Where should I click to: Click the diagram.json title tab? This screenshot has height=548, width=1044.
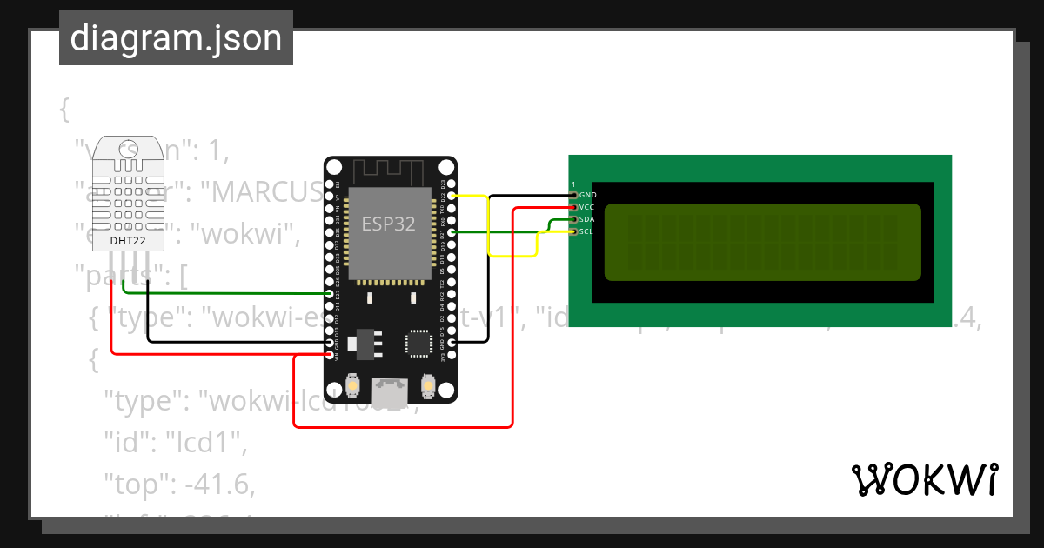pyautogui.click(x=176, y=39)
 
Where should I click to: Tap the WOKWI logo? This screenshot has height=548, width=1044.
pyautogui.click(x=924, y=479)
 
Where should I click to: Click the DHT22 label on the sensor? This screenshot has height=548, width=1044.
pyautogui.click(x=128, y=239)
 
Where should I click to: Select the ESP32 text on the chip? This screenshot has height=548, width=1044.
pyautogui.click(x=389, y=224)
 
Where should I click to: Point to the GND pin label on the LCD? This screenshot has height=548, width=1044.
pyautogui.click(x=587, y=195)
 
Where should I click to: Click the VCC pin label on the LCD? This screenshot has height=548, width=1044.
pyautogui.click(x=587, y=207)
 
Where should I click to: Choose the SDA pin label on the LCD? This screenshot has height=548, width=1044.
pyautogui.click(x=587, y=219)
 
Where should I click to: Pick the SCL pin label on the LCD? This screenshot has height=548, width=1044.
pyautogui.click(x=587, y=231)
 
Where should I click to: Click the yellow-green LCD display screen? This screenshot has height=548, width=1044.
pyautogui.click(x=762, y=243)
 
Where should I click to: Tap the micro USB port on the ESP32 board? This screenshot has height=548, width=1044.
pyautogui.click(x=390, y=392)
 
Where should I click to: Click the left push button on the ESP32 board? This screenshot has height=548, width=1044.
pyautogui.click(x=353, y=384)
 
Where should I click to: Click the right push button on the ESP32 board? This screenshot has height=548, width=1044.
pyautogui.click(x=428, y=384)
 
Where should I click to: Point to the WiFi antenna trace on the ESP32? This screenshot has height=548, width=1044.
pyautogui.click(x=390, y=171)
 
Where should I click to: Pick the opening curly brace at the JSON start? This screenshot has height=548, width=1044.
pyautogui.click(x=64, y=110)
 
